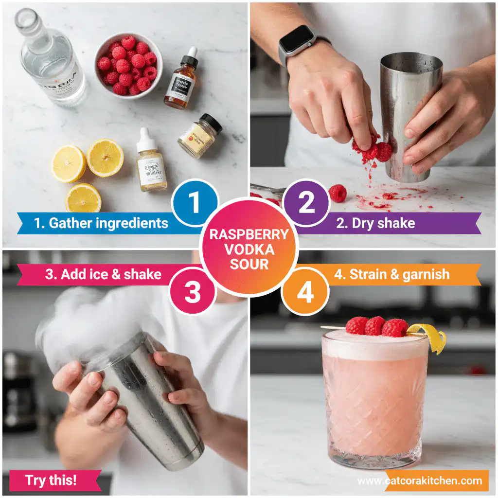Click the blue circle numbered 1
pos(194,203)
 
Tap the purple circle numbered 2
pos(306,203)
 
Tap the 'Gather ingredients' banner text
pos(101,223)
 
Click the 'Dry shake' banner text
pos(375,223)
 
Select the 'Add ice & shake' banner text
pos(103,274)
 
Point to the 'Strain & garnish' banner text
pos(391,274)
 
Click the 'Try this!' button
pos(51,480)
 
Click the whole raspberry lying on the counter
pos(338,193)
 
